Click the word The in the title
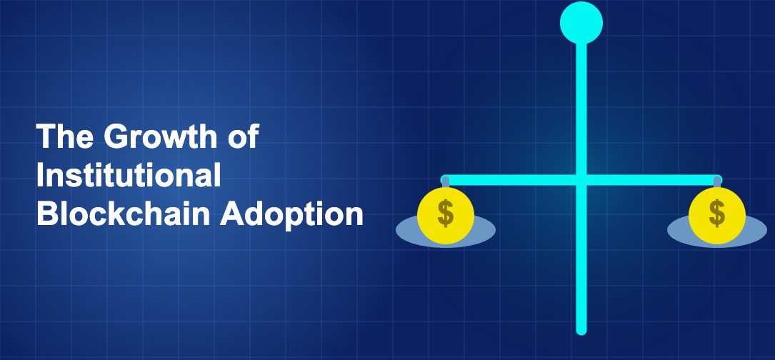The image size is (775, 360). [x=65, y=136]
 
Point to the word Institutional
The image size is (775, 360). [x=129, y=175]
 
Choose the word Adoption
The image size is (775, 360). [x=291, y=216]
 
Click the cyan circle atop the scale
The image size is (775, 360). [x=581, y=23]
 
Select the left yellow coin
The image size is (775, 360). [x=446, y=215]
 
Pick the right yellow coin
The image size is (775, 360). [x=716, y=215]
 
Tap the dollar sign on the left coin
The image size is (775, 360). [x=446, y=213]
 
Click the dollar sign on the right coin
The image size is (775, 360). [x=716, y=213]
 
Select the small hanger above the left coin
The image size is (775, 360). [x=445, y=183]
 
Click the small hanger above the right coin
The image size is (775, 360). [x=717, y=183]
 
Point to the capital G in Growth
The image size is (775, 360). [x=116, y=136]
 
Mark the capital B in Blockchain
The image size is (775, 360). [x=48, y=214]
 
